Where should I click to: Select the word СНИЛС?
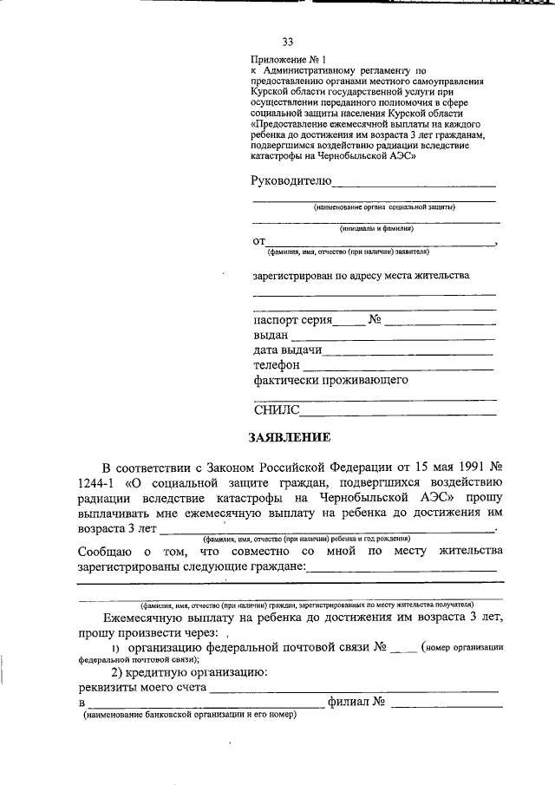[x=277, y=409]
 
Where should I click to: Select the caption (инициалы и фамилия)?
[x=376, y=228]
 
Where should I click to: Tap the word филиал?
[x=349, y=702]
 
